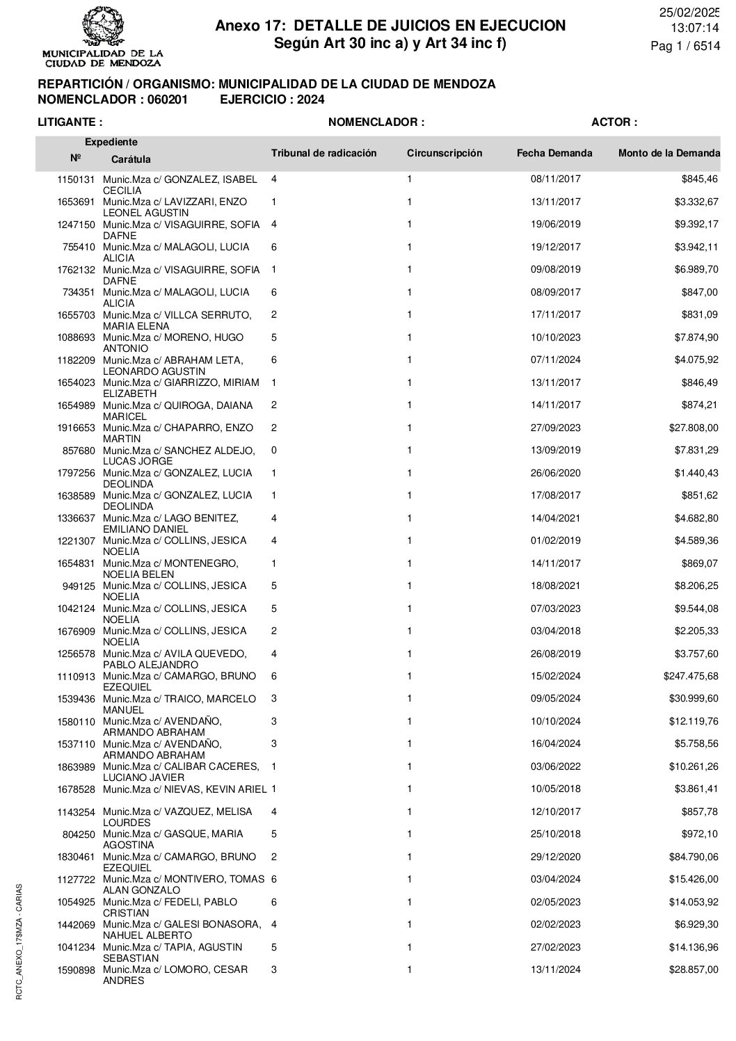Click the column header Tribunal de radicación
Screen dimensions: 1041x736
point(323,153)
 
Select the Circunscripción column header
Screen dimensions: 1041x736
point(444,153)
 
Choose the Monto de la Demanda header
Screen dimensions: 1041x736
point(669,153)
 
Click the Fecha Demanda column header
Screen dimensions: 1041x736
point(554,153)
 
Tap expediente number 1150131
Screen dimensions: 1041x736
point(75,179)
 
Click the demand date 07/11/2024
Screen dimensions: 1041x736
point(555,360)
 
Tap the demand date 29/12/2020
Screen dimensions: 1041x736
point(555,857)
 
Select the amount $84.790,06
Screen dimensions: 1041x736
point(689,857)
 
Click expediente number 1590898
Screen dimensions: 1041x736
point(75,970)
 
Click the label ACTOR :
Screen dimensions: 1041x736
point(614,122)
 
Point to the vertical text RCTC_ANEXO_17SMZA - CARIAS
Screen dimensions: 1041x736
point(19,942)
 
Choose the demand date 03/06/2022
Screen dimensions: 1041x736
point(555,767)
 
